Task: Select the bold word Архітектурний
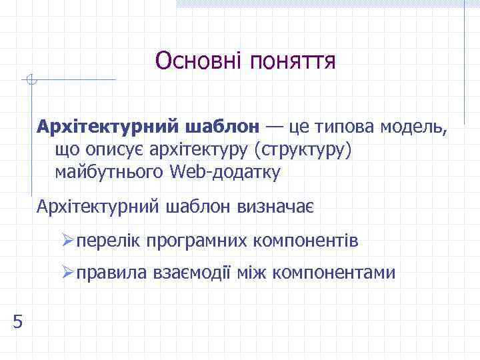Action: pyautogui.click(x=107, y=126)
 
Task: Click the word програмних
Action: pyautogui.click(x=193, y=241)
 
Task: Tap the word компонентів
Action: pyautogui.click(x=305, y=240)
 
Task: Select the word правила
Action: pyautogui.click(x=110, y=273)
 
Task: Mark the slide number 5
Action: pyautogui.click(x=17, y=322)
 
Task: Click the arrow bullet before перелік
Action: pyautogui.click(x=66, y=240)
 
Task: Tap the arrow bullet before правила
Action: pyautogui.click(x=66, y=273)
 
